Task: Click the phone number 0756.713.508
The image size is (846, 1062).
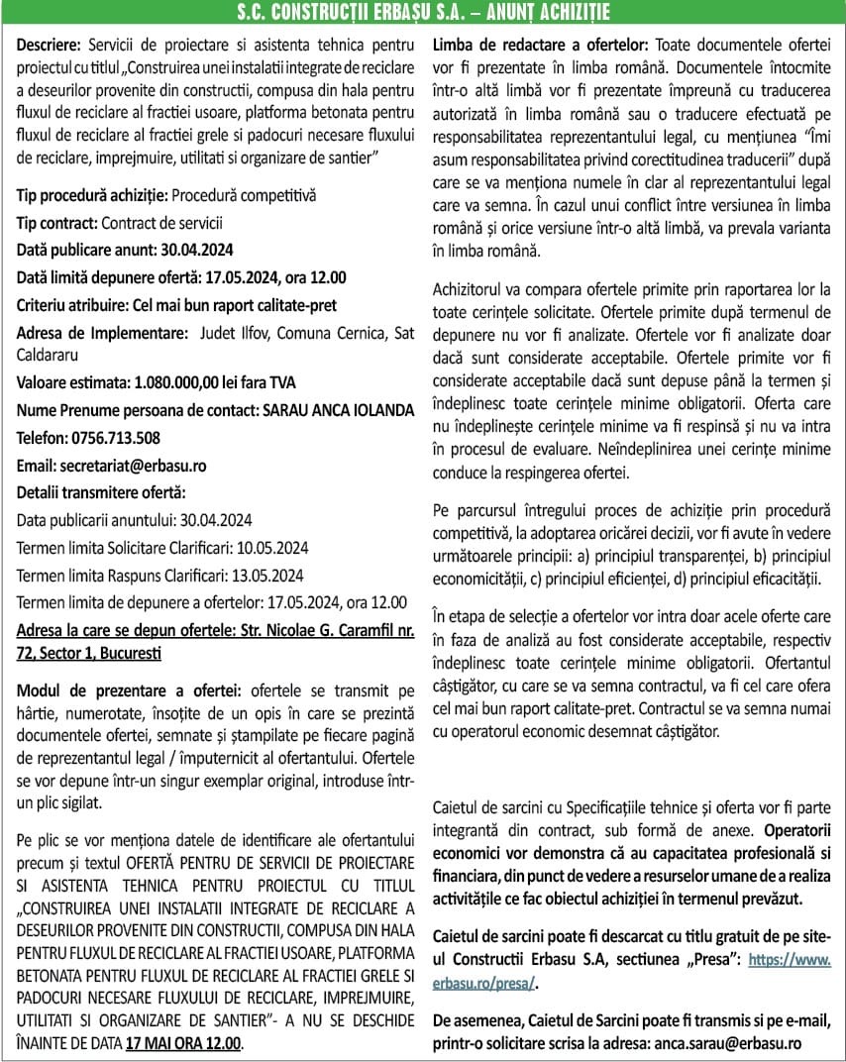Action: pos(115,437)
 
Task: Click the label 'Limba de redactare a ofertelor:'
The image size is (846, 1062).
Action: pos(540,46)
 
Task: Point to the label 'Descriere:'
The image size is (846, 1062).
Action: pos(51,46)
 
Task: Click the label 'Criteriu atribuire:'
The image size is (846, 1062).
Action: pos(77,305)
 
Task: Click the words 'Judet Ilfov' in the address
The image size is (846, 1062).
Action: pos(235,333)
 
